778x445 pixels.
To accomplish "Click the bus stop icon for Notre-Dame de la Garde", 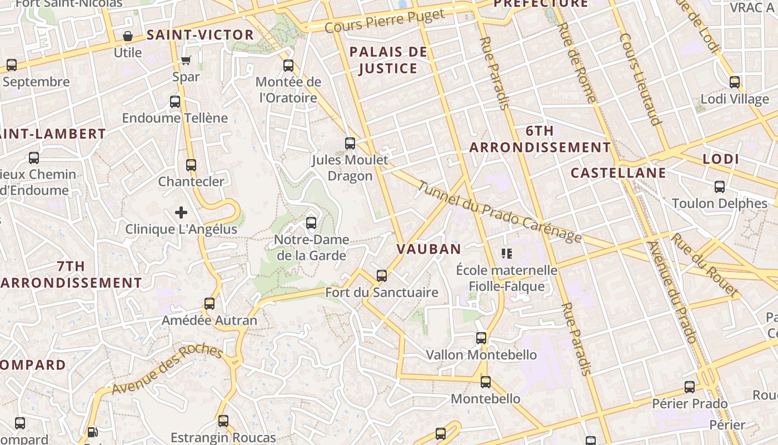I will [311, 223].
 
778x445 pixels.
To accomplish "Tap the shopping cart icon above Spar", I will [186, 60].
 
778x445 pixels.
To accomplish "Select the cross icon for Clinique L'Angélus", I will [181, 212].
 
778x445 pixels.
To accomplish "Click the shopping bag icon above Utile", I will [128, 37].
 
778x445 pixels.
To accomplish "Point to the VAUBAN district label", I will [429, 249].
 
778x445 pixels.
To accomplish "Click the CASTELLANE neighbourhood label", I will [618, 172].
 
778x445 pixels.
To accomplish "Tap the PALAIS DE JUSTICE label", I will [388, 60].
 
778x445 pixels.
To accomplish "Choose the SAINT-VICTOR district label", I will [200, 35].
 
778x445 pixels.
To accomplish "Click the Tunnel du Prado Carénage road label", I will [500, 212].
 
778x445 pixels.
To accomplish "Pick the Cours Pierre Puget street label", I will [385, 21].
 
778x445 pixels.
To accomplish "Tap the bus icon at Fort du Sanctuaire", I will [382, 275].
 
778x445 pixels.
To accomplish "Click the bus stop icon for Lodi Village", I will [735, 82].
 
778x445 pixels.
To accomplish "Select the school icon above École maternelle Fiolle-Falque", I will [506, 254].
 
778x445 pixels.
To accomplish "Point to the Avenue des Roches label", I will [167, 370].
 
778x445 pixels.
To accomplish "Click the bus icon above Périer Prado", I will [690, 387].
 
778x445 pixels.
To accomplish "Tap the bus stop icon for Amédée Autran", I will [210, 304].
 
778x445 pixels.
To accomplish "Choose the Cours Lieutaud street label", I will [641, 79].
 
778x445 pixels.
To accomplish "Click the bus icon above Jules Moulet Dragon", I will [350, 144].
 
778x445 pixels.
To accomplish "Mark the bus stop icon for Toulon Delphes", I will [720, 187].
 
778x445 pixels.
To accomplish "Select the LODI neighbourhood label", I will [721, 159].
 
